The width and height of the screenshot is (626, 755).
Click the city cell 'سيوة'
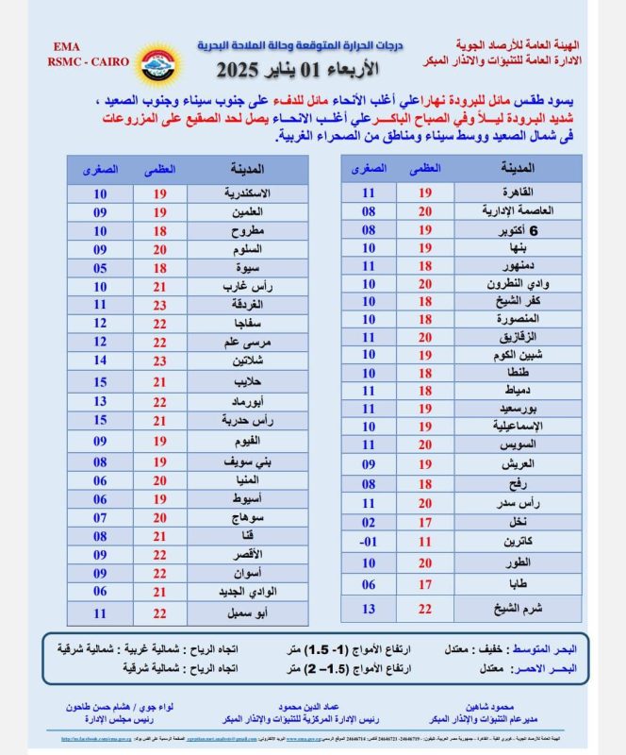(x=248, y=268)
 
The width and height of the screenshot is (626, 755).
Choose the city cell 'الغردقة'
(x=248, y=305)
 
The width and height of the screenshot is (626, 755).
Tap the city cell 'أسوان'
(x=248, y=573)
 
